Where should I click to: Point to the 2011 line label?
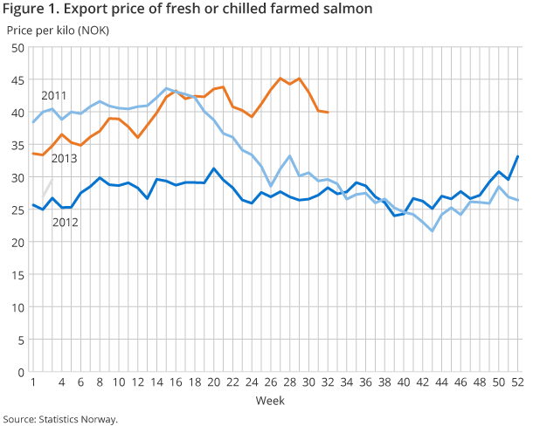pyautogui.click(x=54, y=94)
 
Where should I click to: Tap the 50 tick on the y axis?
pyautogui.click(x=17, y=47)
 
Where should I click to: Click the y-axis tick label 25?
pyautogui.click(x=17, y=210)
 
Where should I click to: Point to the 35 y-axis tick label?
pyautogui.click(x=17, y=145)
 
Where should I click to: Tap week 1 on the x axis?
pyautogui.click(x=33, y=382)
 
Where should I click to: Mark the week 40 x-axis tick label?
pyautogui.click(x=405, y=382)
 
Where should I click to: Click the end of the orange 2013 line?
pyautogui.click(x=328, y=113)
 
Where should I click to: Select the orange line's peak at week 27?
pyautogui.click(x=280, y=79)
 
